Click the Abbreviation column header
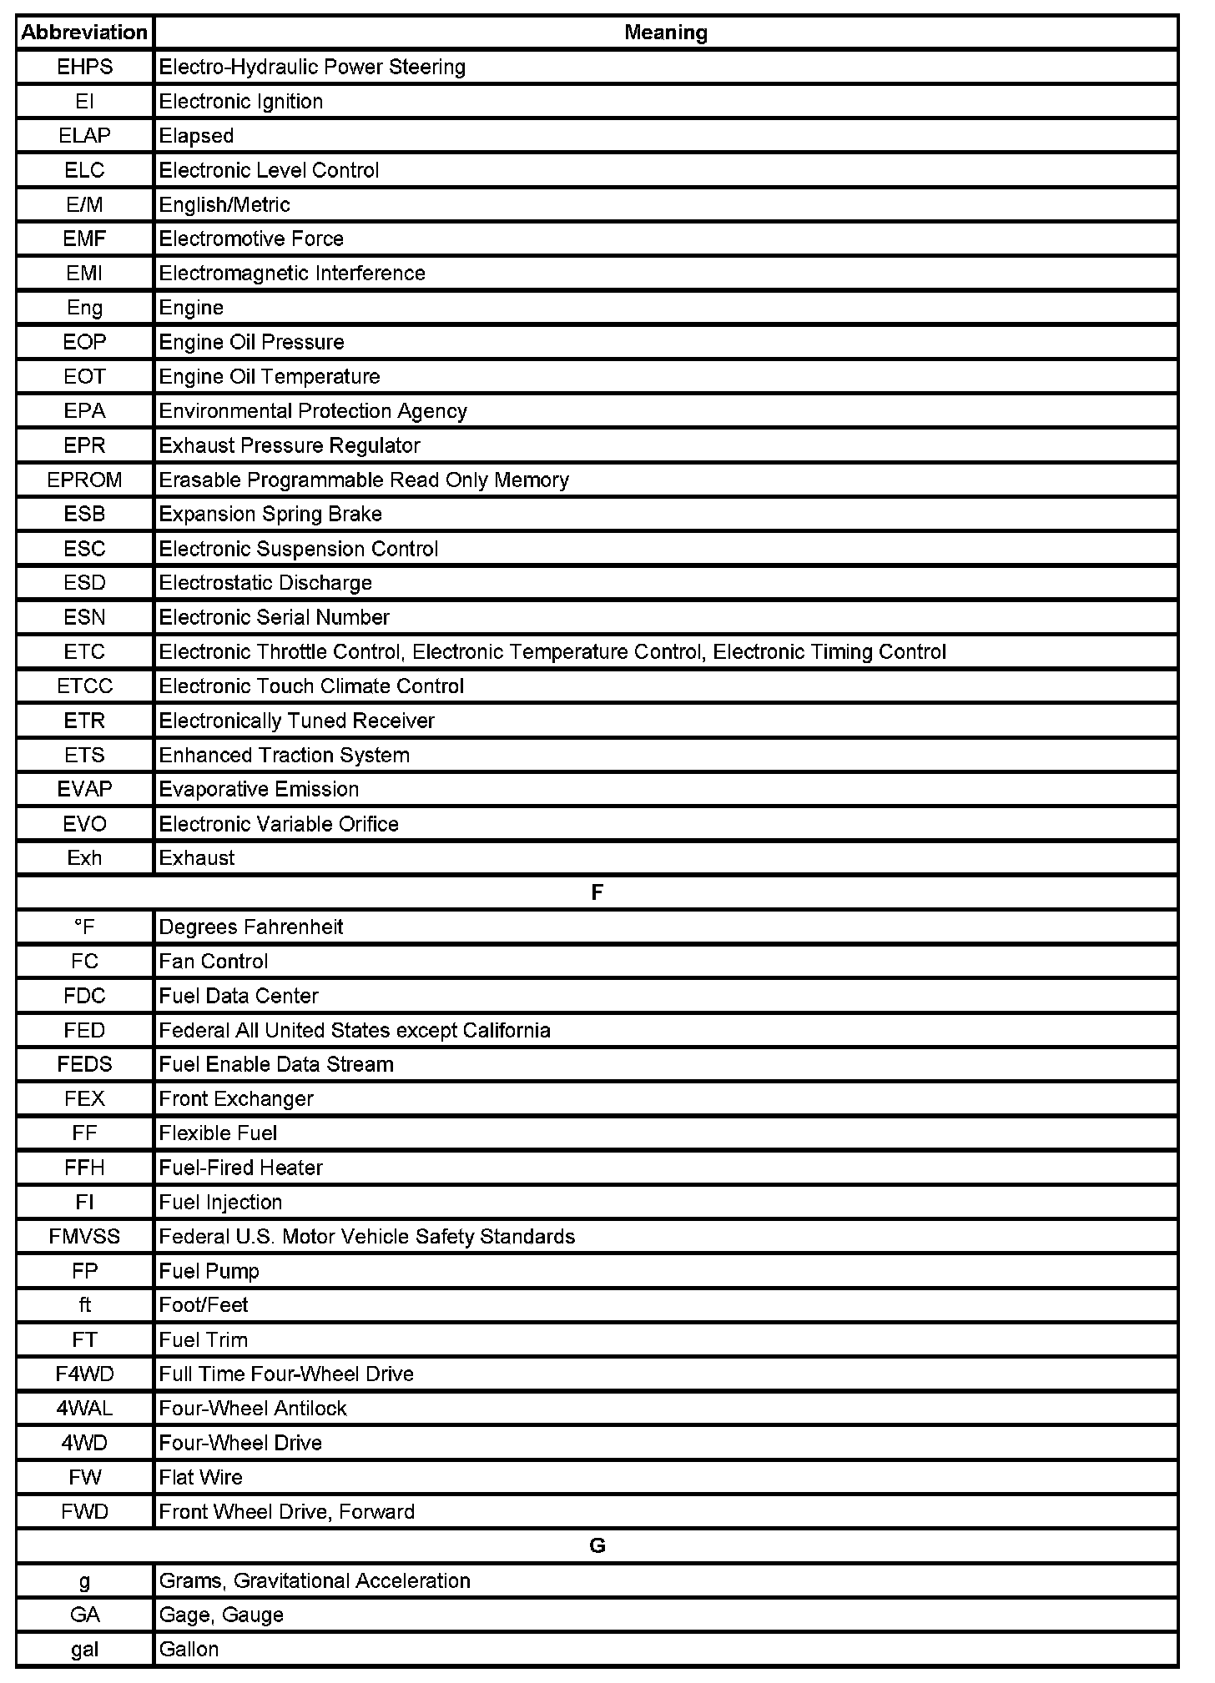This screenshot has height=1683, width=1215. tap(84, 33)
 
